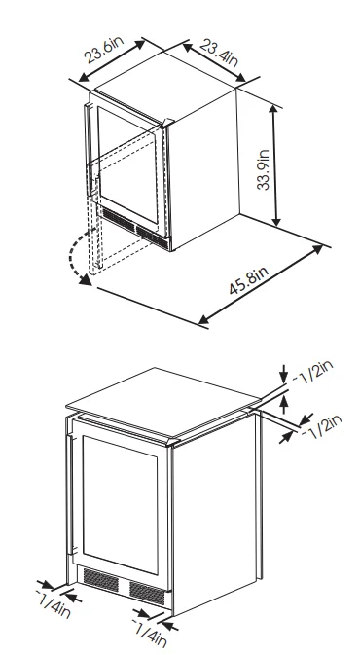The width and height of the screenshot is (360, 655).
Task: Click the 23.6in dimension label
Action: tap(104, 50)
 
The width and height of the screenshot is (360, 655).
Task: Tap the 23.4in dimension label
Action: tap(218, 53)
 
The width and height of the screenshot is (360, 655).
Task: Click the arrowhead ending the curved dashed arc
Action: tap(86, 280)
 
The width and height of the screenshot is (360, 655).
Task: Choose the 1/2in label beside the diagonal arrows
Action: tap(322, 426)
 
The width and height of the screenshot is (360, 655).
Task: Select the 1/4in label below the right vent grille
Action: tap(150, 636)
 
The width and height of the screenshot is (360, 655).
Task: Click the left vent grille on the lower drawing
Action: tap(100, 580)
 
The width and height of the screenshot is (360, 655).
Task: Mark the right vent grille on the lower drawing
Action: tap(147, 593)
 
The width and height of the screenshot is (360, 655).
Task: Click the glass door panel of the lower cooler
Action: tap(121, 504)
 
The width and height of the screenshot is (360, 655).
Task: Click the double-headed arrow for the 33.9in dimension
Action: tap(274, 165)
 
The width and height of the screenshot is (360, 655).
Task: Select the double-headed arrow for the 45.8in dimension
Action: tap(261, 285)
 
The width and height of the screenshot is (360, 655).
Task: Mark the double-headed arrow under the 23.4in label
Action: tap(214, 62)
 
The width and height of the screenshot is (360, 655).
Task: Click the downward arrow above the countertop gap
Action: tap(284, 374)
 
